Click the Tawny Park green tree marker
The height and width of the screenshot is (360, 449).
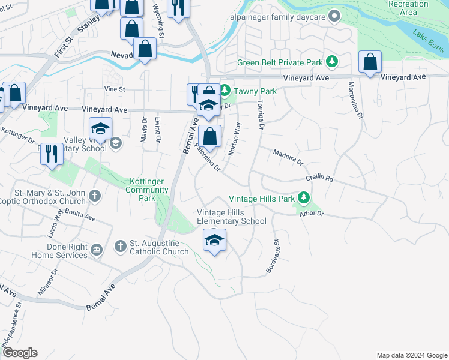tap(224, 91)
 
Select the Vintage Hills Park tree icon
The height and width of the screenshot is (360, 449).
tap(304, 198)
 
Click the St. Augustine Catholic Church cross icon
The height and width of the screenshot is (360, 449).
tap(120, 246)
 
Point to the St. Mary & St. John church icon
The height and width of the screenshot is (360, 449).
tap(95, 196)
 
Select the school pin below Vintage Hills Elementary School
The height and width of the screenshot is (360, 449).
tap(215, 241)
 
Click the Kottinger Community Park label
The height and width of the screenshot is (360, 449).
tap(149, 190)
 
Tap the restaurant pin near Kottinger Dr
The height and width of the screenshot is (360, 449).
tap(52, 154)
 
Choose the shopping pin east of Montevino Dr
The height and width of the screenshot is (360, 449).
tap(371, 62)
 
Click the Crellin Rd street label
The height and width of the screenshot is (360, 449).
tap(319, 178)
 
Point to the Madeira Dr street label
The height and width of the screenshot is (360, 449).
tap(288, 158)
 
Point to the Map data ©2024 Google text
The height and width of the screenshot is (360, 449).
tap(411, 355)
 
